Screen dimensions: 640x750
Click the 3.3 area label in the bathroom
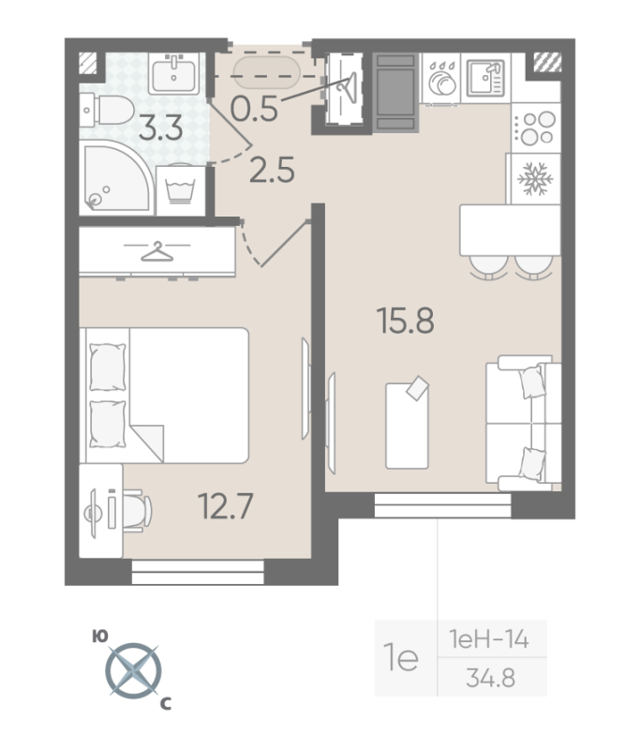tap(160, 128)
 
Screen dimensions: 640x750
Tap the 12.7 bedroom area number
tap(225, 506)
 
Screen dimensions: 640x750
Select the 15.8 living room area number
tap(406, 321)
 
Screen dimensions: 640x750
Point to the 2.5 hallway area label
tap(272, 171)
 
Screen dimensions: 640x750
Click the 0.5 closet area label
tap(254, 109)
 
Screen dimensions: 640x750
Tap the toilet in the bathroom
tap(107, 111)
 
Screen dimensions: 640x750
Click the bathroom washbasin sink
tap(174, 73)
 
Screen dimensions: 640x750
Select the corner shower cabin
tap(116, 177)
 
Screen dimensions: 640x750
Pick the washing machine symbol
tap(181, 190)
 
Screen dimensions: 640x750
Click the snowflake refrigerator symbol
tap(535, 179)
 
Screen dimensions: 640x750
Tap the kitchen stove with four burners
tap(536, 127)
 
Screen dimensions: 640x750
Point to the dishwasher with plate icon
tap(441, 78)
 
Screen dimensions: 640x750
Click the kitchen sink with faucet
tap(485, 78)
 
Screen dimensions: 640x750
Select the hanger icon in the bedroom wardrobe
tap(157, 251)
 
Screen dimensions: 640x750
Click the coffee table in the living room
tap(408, 423)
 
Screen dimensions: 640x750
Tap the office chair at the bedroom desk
tap(137, 510)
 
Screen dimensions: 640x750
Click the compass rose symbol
tap(133, 670)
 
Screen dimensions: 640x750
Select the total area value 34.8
tap(491, 678)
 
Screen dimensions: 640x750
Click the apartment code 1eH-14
tap(489, 639)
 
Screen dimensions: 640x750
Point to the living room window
tap(443, 505)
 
